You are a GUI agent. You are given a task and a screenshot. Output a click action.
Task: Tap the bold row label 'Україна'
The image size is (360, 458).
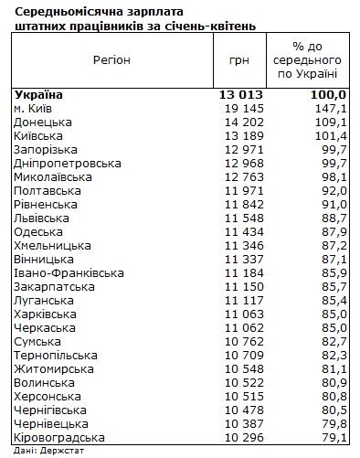click(41, 94)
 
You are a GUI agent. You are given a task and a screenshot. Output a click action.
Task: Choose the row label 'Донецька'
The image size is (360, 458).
click(43, 122)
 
